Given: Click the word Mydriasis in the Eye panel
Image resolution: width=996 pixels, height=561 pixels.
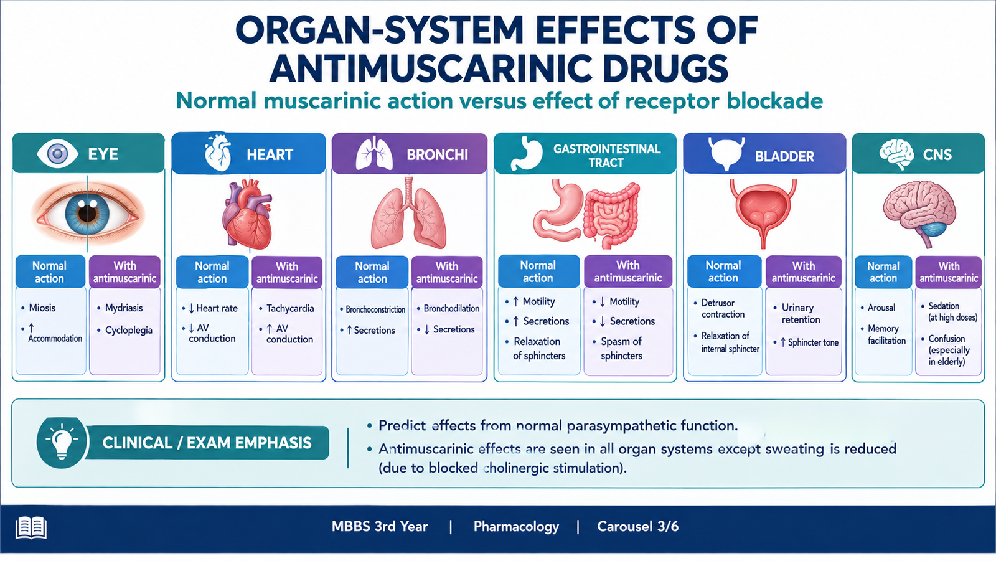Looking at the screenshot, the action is coord(124,308).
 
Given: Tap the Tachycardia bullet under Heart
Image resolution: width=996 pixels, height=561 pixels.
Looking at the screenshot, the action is coord(290,308).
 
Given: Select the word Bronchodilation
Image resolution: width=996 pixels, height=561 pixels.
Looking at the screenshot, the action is coord(451,308).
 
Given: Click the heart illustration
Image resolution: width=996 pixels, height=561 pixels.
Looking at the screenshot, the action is coord(248,215).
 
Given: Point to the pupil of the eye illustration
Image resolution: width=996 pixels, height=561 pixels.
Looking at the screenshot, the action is coord(88,213).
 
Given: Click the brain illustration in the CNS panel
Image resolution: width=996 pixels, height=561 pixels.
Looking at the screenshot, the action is coord(919,212).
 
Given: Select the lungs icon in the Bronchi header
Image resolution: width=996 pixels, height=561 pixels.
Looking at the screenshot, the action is coord(374,153).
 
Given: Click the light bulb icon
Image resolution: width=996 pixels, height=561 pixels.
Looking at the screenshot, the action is coord(62,442).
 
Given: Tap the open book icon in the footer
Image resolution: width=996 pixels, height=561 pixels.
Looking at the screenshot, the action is coord(31,527).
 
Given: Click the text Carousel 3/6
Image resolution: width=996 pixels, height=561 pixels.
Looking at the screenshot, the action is coord(637,527).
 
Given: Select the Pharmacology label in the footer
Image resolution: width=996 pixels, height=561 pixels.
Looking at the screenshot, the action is coord(516,527).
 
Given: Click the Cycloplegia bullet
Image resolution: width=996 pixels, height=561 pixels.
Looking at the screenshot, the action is coord(128,331).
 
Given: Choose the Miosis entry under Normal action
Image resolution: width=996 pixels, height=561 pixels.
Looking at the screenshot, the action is coord(42,308).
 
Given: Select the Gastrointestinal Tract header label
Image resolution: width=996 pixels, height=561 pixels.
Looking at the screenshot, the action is coord(606,155).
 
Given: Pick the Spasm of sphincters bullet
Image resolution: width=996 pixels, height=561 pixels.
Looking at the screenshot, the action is coord(621,348).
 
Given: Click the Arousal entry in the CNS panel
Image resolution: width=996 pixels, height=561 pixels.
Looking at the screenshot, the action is coord(881,308).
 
